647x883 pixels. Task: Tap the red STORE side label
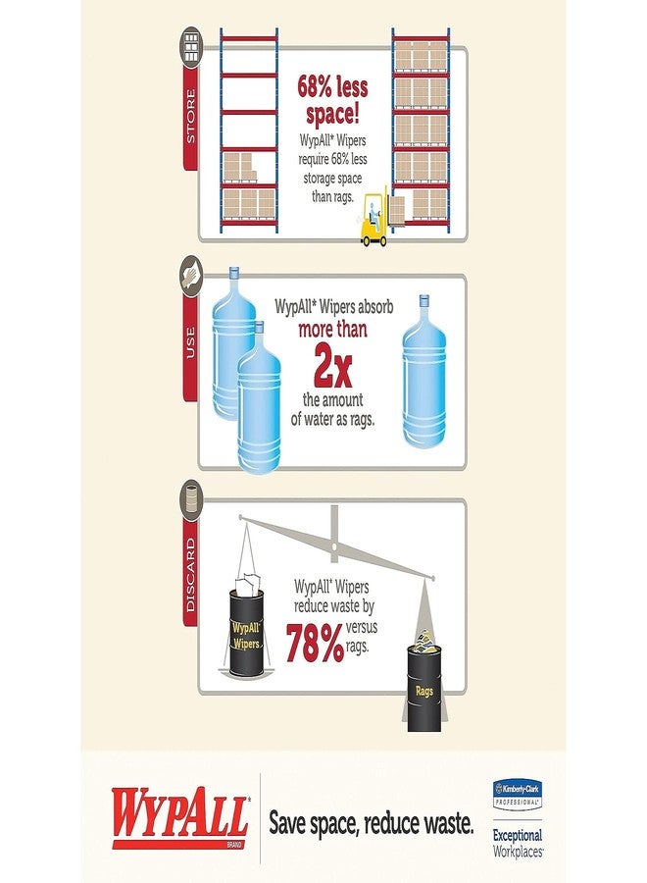coord(191,117)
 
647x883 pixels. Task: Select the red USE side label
coord(190,342)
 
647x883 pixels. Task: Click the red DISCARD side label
coord(191,574)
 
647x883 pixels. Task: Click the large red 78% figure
coord(315,643)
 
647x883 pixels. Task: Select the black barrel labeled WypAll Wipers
coord(246,632)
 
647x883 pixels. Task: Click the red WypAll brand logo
coord(180,817)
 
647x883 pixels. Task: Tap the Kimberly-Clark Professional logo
coord(517,793)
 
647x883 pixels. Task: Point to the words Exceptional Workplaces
coord(518,843)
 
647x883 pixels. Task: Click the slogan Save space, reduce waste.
coord(372,823)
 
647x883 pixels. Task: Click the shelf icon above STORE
coord(191,47)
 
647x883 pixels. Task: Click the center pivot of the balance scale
coord(334,545)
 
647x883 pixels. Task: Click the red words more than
coord(332,330)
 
